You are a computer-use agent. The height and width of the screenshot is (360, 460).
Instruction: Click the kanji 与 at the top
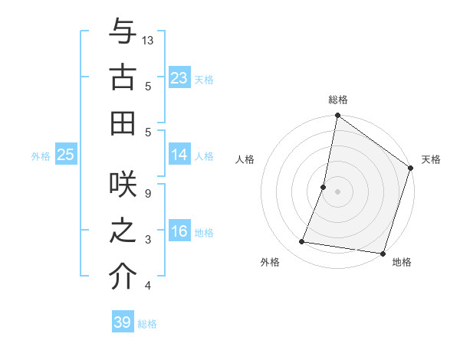tap(123, 33)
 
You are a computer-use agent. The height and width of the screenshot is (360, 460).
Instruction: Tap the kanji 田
tap(123, 123)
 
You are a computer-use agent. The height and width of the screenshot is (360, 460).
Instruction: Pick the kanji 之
tap(123, 232)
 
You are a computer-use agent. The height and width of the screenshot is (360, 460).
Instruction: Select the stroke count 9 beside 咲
tap(148, 194)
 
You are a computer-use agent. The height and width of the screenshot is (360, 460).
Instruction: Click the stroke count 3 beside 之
tap(148, 240)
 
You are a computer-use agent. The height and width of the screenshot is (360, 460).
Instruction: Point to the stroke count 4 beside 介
tap(148, 286)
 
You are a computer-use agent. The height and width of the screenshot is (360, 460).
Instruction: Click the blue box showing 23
tap(179, 78)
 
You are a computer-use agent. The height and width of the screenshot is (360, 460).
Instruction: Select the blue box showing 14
tap(179, 155)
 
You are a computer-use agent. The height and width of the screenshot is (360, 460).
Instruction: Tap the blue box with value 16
tap(179, 231)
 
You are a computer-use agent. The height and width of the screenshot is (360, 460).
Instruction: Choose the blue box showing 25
tap(65, 155)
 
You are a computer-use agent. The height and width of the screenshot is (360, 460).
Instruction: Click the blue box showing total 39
tap(123, 322)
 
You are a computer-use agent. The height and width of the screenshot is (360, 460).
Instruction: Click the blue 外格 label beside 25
tap(41, 155)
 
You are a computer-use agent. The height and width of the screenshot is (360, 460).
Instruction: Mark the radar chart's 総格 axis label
tap(337, 100)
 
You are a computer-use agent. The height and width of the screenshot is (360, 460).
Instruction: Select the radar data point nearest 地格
tap(382, 253)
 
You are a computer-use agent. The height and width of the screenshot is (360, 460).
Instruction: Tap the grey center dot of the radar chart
tap(337, 191)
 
